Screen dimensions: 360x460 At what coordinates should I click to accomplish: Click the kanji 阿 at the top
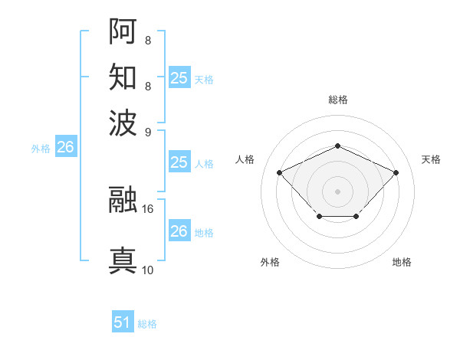click(x=123, y=31)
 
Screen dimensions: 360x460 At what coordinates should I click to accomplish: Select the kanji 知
click(x=123, y=77)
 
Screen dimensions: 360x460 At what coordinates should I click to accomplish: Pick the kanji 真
click(x=123, y=260)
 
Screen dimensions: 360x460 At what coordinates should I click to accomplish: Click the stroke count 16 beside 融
click(x=148, y=208)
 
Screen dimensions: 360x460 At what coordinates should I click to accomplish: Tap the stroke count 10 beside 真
click(x=148, y=270)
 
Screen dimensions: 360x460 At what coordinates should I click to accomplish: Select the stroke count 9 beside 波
click(x=147, y=131)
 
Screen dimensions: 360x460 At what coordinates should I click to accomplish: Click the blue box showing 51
click(x=123, y=323)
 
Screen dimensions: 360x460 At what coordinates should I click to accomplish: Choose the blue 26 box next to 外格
click(x=65, y=149)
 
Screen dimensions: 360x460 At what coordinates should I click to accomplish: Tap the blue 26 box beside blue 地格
click(x=179, y=231)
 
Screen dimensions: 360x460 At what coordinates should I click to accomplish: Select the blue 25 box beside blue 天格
click(x=179, y=78)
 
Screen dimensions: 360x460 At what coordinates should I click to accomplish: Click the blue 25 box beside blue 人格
click(x=179, y=162)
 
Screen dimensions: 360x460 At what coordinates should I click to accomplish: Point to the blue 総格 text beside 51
click(x=147, y=324)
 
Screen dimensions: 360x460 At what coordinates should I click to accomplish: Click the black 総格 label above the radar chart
click(x=337, y=100)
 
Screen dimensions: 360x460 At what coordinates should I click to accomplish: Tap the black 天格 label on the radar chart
click(x=431, y=159)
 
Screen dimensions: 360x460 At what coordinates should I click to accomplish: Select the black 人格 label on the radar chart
click(x=245, y=159)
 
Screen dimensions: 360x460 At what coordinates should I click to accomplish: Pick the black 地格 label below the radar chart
click(x=402, y=262)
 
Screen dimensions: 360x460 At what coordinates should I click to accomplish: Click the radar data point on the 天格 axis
click(x=396, y=172)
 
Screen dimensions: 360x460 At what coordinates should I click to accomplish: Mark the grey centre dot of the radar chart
click(x=337, y=190)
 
